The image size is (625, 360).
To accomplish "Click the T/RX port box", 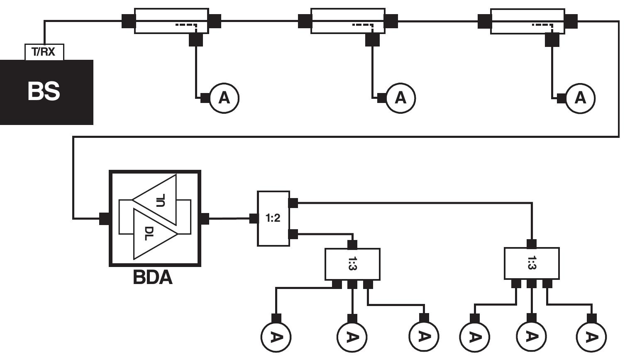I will (44, 52).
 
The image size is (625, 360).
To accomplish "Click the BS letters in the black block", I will (44, 91).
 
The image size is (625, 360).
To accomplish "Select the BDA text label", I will (152, 277).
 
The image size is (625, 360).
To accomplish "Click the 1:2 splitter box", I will (273, 218).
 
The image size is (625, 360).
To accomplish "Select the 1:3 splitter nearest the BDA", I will (352, 264).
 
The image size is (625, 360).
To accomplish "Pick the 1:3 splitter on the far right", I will (531, 263).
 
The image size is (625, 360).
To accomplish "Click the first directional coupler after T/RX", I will (171, 21).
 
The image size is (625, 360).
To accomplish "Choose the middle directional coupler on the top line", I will (348, 21).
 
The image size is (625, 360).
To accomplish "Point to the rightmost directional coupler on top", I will (527, 21).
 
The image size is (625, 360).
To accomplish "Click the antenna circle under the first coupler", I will (224, 98).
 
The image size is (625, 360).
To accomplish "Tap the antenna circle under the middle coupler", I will (400, 98).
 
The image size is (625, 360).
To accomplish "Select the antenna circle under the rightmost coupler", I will (580, 98).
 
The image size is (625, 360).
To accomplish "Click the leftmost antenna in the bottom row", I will (276, 337).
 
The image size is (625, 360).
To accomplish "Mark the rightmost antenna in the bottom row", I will (591, 337).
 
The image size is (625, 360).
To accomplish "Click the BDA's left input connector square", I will (104, 218).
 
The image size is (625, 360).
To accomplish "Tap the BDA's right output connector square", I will (205, 218).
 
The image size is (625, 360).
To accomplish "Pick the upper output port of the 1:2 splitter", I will (293, 203).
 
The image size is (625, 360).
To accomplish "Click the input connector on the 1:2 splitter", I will (254, 218).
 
